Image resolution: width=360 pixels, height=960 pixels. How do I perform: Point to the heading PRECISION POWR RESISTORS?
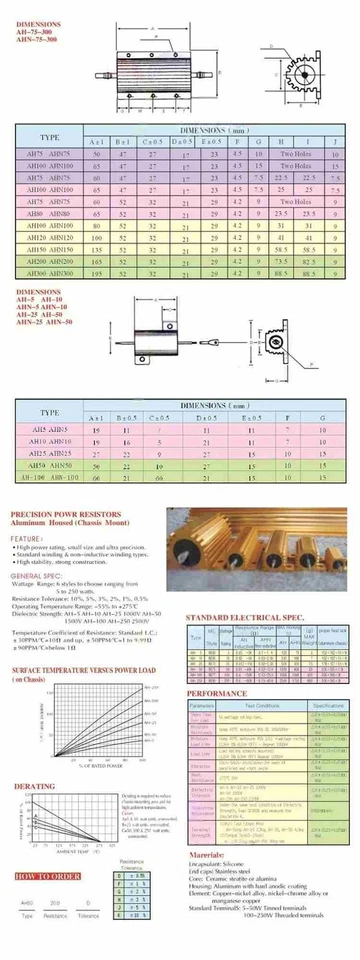pos(65,515)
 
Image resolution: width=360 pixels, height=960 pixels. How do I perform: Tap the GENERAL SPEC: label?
pos(39,577)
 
